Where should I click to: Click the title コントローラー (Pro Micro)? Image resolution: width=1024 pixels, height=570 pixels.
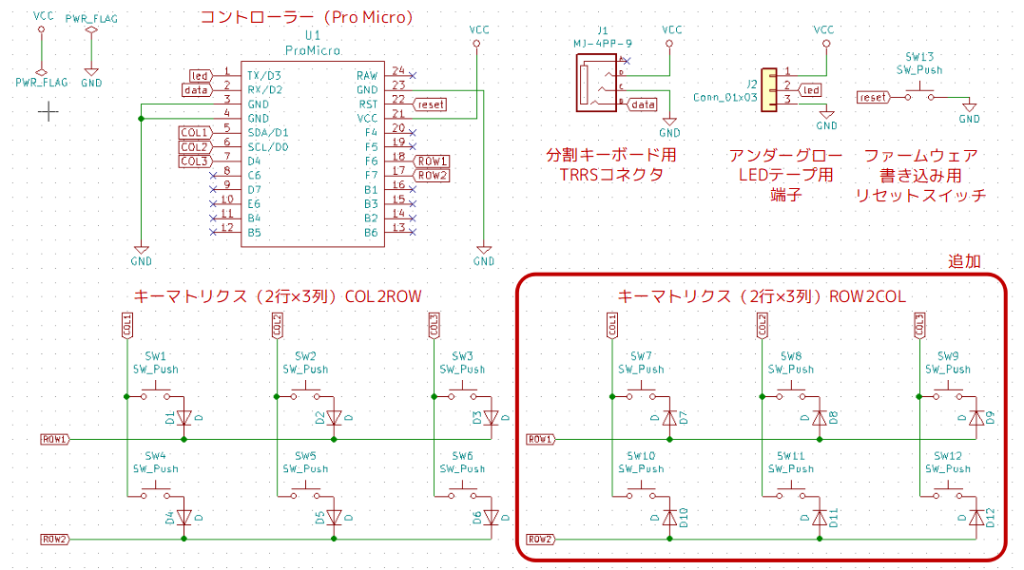tap(306, 17)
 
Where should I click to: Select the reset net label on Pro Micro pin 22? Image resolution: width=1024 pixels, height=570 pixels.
tap(430, 104)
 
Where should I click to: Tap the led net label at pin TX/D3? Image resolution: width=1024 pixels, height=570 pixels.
tap(199, 76)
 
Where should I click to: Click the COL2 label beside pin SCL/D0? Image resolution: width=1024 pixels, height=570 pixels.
tap(194, 147)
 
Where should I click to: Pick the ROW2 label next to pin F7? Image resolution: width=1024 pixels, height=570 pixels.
tap(432, 176)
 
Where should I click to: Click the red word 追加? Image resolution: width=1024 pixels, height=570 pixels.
tap(964, 261)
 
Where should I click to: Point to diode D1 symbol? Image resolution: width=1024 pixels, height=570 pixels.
tap(184, 417)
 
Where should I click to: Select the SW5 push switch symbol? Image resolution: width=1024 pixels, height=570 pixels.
tap(304, 491)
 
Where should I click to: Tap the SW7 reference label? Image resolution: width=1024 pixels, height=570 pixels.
tap(641, 356)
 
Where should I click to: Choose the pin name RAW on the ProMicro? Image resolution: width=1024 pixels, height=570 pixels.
tap(366, 76)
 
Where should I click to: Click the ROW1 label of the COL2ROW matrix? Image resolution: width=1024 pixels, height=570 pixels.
tap(54, 440)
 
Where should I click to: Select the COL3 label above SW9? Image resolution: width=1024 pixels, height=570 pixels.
tap(919, 325)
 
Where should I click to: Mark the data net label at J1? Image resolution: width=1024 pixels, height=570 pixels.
tap(643, 104)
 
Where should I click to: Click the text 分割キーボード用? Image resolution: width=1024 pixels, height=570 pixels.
tap(610, 155)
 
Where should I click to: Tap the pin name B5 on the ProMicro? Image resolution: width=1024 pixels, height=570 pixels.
tap(254, 233)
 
